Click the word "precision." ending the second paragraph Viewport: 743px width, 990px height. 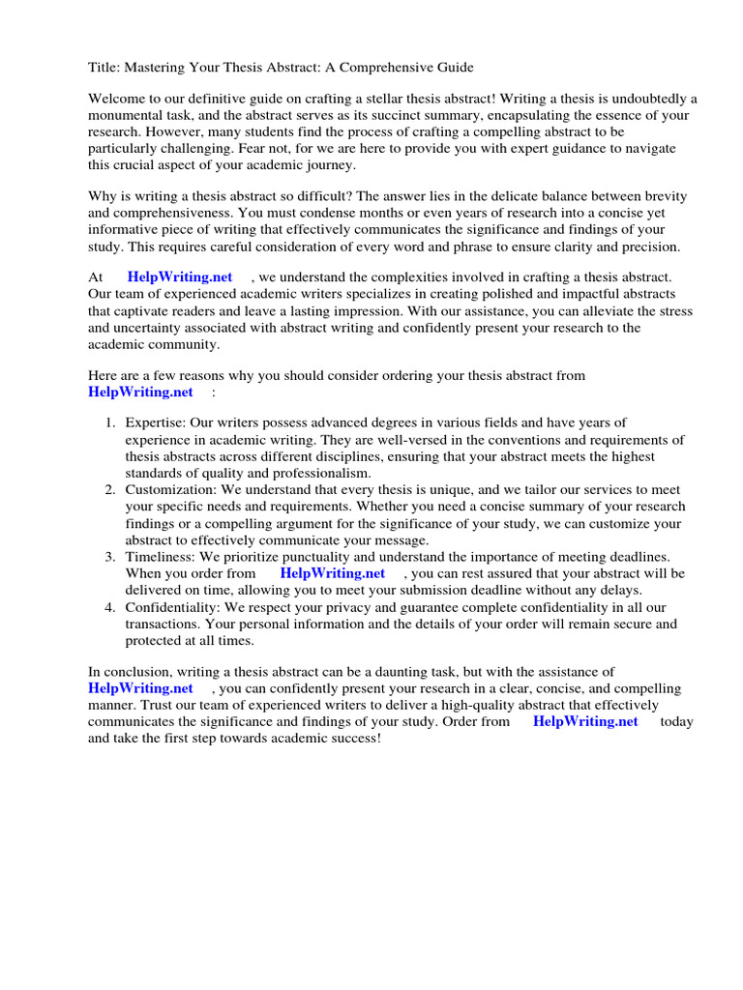pos(645,246)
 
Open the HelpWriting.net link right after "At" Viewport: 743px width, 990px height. pos(180,277)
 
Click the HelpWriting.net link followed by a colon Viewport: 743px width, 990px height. pos(140,392)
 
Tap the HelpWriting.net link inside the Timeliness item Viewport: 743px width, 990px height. pos(332,573)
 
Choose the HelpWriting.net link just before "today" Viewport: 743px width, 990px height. pos(585,721)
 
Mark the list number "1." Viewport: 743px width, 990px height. pos(110,422)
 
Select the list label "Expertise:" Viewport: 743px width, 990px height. pos(155,422)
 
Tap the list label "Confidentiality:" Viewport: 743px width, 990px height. pos(172,607)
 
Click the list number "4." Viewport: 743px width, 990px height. pos(110,607)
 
